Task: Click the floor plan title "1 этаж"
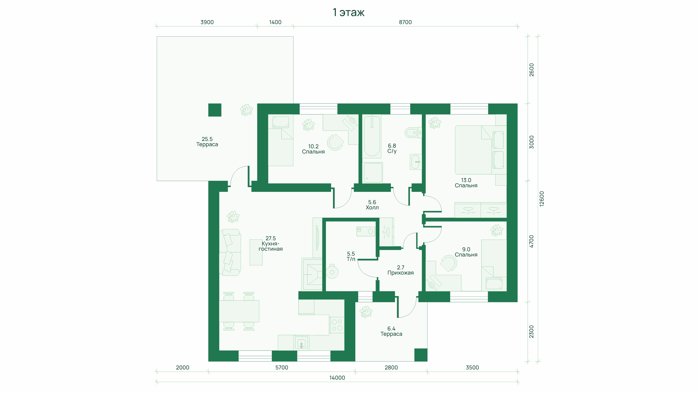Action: click(x=349, y=12)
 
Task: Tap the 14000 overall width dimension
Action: click(x=337, y=377)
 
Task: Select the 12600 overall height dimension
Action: click(x=541, y=199)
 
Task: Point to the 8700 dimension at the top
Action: click(x=405, y=22)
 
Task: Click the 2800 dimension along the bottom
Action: click(x=391, y=367)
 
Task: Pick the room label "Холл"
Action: click(x=372, y=207)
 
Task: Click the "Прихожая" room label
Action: click(x=400, y=273)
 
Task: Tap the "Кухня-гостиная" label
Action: click(x=270, y=246)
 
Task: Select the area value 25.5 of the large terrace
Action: click(x=207, y=139)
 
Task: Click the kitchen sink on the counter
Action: click(x=301, y=343)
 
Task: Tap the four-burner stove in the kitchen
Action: click(x=337, y=325)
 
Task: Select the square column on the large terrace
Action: click(x=215, y=110)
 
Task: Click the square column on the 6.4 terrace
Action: click(x=421, y=355)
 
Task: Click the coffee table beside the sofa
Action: click(x=256, y=252)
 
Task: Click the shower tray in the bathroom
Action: click(x=373, y=172)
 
